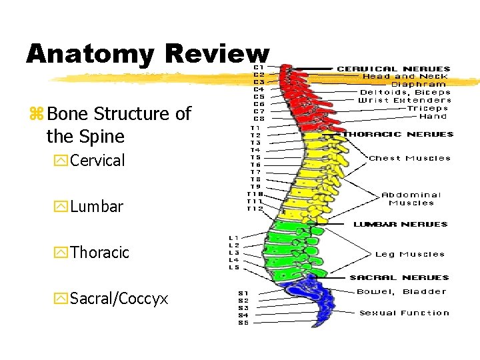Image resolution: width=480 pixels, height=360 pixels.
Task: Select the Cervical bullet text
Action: pos(97,161)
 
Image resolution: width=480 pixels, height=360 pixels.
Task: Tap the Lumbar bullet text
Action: pos(96,207)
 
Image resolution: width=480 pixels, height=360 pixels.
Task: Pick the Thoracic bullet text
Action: pos(99,253)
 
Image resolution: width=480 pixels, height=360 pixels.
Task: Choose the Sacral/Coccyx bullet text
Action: pos(119,299)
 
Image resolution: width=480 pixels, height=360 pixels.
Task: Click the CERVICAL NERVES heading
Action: pos(393,69)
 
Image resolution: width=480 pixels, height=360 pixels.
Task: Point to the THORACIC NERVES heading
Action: pos(398,134)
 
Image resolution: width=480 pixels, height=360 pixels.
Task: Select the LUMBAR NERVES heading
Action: pos(400,225)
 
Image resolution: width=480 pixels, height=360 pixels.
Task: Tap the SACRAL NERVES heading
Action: pos(399,277)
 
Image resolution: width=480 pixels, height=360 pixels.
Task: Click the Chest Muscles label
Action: pos(409,159)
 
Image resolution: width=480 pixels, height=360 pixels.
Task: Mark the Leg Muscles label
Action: pos(409,254)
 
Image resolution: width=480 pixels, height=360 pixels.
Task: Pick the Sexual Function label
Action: pos(404,313)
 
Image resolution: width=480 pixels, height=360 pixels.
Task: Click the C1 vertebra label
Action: pos(257,67)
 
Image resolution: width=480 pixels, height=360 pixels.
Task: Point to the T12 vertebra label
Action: pos(255,209)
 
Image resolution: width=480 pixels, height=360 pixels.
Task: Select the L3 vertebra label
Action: pos(234,253)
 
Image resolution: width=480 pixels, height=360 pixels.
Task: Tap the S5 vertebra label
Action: pos(243,323)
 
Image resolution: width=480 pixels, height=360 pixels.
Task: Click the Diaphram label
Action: pos(418,84)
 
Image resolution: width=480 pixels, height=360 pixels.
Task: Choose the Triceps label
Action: pos(427,108)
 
